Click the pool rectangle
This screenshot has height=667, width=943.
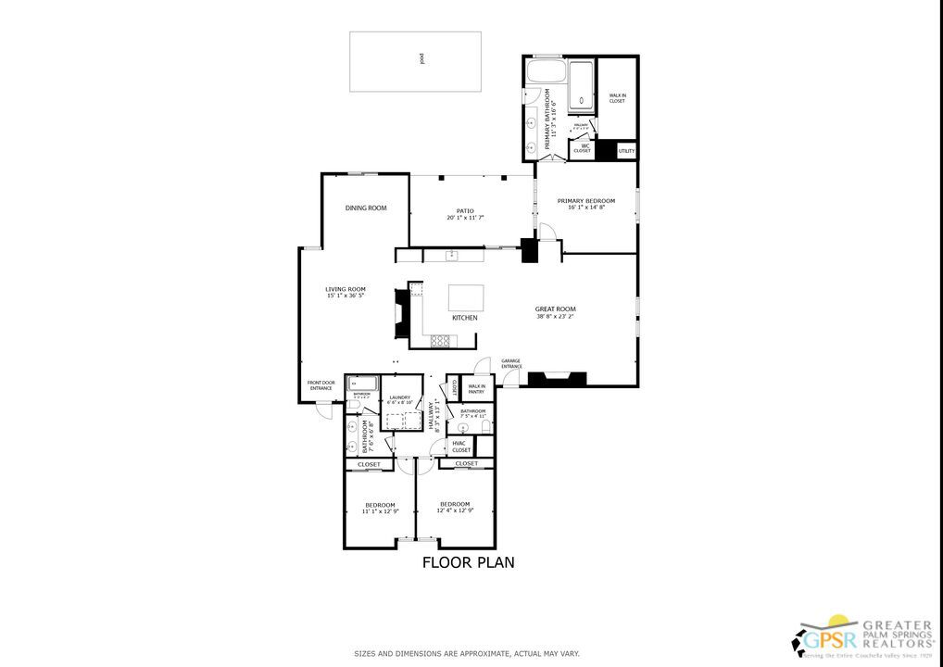pyautogui.click(x=415, y=61)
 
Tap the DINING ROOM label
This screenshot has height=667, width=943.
pyautogui.click(x=366, y=208)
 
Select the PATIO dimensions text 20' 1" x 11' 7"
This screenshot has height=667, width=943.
pyautogui.click(x=465, y=218)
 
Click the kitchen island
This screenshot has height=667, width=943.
pyautogui.click(x=466, y=297)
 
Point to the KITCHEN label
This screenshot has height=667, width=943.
pyautogui.click(x=465, y=318)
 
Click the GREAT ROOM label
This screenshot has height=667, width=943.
pyautogui.click(x=556, y=309)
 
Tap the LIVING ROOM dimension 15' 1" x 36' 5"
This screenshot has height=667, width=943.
pyautogui.click(x=346, y=296)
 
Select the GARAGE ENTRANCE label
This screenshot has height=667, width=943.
pyautogui.click(x=511, y=363)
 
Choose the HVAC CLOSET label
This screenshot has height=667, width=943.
pyautogui.click(x=461, y=447)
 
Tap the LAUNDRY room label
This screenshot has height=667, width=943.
pyautogui.click(x=400, y=397)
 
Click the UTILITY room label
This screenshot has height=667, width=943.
pyautogui.click(x=626, y=150)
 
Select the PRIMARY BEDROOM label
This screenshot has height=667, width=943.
pyautogui.click(x=585, y=200)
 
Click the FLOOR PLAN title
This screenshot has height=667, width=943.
pyautogui.click(x=468, y=562)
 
